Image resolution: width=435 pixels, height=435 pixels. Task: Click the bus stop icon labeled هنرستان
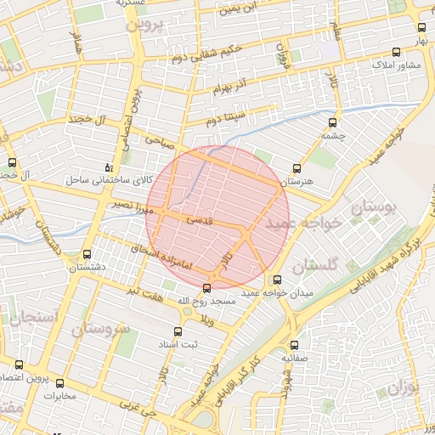297,168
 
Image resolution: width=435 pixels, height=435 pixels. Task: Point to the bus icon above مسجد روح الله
207,288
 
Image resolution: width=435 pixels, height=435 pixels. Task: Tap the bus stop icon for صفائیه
295,345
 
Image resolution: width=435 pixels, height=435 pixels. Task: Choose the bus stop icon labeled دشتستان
87,254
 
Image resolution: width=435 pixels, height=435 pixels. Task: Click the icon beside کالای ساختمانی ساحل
107,167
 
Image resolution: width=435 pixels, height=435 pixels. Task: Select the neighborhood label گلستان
315,266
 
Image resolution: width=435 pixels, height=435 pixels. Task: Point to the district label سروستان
100,327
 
